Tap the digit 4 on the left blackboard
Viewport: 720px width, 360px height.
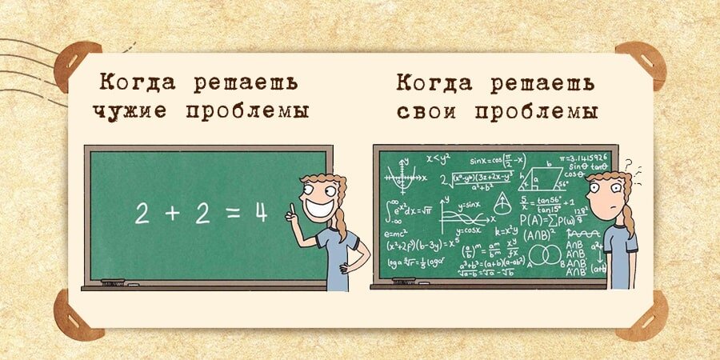tap(260, 212)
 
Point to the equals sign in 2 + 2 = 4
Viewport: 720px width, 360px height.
tap(231, 213)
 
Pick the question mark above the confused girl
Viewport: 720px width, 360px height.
tap(629, 166)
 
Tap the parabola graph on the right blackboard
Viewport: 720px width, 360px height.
tap(399, 175)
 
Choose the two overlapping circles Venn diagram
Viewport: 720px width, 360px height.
tap(544, 255)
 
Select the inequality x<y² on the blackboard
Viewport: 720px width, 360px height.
tap(439, 158)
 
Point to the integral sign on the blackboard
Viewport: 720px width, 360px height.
tap(390, 211)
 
